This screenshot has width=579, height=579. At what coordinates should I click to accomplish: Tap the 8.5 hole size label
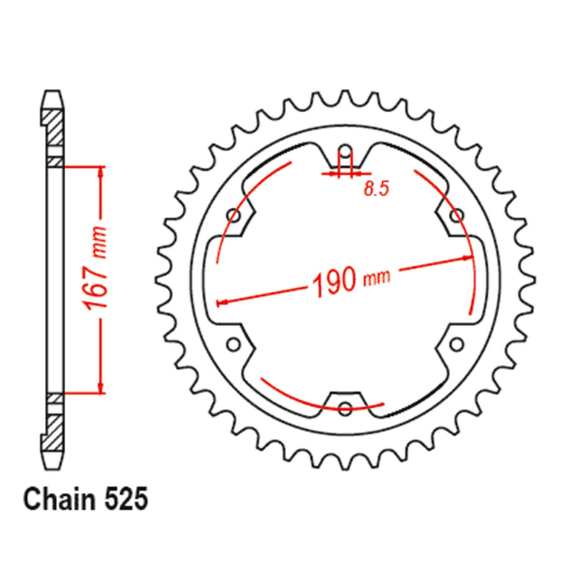coord(376,189)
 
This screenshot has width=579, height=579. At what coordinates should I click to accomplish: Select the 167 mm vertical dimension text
coord(96,269)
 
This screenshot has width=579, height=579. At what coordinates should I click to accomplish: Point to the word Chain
coord(60,499)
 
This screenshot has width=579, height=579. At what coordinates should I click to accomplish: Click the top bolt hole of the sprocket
coord(345,151)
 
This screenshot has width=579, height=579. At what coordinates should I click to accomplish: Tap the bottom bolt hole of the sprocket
coord(345,408)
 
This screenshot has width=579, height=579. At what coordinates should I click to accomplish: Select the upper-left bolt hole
coord(234,215)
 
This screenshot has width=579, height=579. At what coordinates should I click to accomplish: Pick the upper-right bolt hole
coord(457,215)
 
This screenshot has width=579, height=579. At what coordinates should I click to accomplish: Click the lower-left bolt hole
coord(233,345)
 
